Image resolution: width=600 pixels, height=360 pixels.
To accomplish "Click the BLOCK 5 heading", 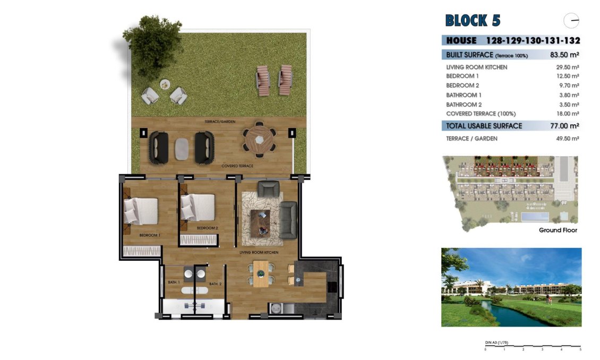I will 473,21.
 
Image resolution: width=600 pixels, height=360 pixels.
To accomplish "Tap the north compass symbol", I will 571,21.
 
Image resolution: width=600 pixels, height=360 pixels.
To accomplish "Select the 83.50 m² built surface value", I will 564,55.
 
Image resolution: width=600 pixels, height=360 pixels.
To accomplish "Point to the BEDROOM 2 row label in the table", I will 462,85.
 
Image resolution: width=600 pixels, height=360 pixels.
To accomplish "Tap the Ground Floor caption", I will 558,230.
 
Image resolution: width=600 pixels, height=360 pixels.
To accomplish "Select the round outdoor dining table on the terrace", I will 260,140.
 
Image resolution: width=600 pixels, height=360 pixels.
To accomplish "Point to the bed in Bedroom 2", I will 198,207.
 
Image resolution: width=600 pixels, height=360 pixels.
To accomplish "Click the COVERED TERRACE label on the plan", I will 237,166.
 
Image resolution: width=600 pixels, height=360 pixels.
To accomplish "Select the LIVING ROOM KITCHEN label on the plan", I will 259,253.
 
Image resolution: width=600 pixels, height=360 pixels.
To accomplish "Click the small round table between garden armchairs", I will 165,84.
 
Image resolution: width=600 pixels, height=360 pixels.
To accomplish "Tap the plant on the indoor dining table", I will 261,273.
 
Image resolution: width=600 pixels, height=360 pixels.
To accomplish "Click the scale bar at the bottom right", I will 533,347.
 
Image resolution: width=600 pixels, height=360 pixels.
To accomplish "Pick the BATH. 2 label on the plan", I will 215,284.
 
